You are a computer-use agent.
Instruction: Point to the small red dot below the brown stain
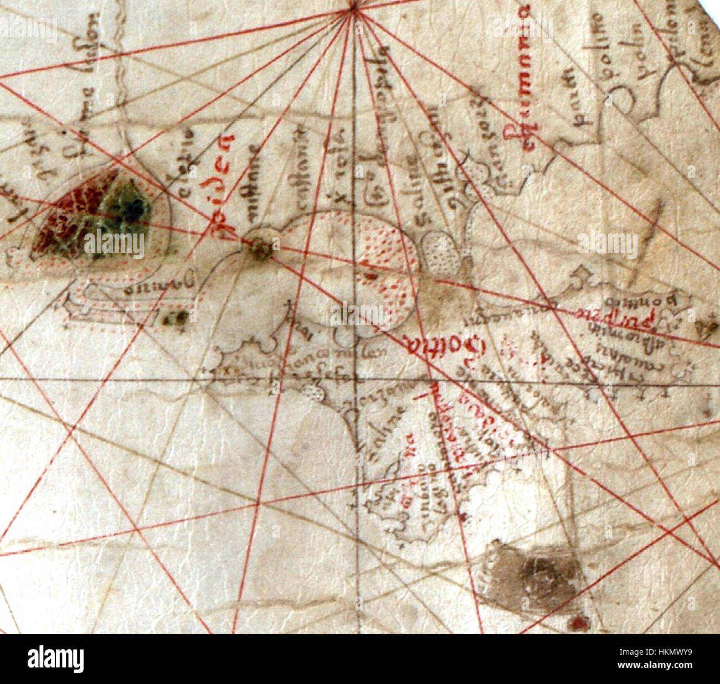tap(579, 624)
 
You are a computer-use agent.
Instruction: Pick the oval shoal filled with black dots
tap(441, 255)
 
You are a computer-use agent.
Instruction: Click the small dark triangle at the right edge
tap(707, 329)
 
